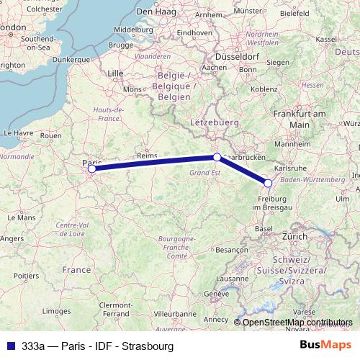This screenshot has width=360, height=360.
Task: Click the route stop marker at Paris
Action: [x=92, y=169]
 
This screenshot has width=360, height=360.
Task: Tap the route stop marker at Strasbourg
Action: [x=268, y=183]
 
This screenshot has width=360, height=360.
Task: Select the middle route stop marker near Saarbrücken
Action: [x=217, y=156]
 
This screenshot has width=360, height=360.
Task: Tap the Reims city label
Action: [x=147, y=156]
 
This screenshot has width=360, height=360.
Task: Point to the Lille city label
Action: [x=115, y=73]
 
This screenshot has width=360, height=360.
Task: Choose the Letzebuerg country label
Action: [x=214, y=124]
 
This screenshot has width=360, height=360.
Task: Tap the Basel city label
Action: [x=264, y=228]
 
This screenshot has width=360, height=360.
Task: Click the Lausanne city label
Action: [x=232, y=279]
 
